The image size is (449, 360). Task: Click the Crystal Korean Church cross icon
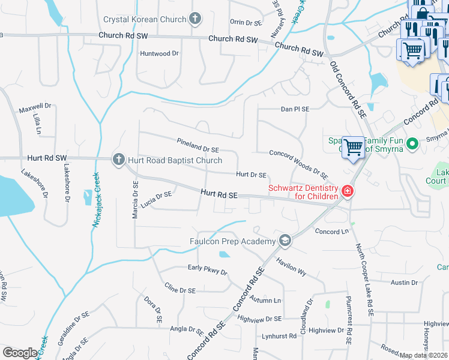194,19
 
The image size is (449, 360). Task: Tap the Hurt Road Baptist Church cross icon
118,160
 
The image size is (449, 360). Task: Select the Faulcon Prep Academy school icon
285,241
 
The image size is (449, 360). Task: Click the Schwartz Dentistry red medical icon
346,192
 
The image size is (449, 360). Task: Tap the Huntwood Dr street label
160,53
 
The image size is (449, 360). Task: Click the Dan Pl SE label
295,109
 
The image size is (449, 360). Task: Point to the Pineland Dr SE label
198,145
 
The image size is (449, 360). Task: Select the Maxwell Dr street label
35,109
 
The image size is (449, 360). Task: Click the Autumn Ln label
265,299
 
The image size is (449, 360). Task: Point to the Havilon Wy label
291,267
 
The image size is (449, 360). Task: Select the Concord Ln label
332,231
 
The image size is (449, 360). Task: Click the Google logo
20,353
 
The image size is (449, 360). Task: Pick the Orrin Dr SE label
246,22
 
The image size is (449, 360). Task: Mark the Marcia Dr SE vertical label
136,200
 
